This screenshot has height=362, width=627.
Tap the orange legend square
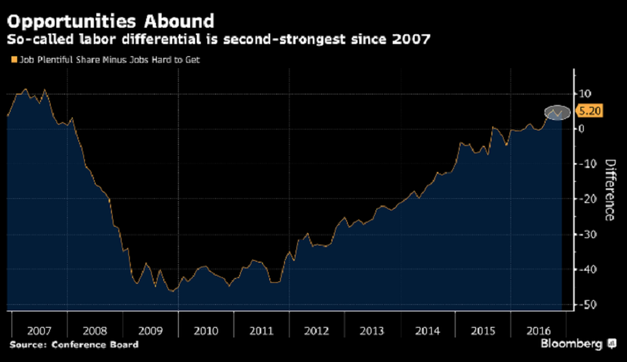point(11,60)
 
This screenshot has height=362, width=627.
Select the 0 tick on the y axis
point(580,129)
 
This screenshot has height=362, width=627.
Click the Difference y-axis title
point(609,189)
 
